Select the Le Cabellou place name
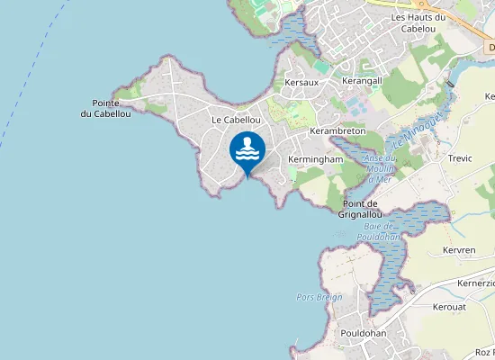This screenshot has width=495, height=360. [236, 120]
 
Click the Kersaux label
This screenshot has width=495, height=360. [301, 82]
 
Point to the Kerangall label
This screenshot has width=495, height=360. [362, 81]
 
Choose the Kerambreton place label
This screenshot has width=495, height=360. [337, 131]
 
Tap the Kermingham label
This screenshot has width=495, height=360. [315, 159]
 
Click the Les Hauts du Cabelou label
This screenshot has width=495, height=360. [419, 22]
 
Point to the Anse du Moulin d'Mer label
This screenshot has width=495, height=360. [379, 169]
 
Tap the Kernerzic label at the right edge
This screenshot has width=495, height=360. [476, 283]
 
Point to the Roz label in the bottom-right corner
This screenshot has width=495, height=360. [483, 352]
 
